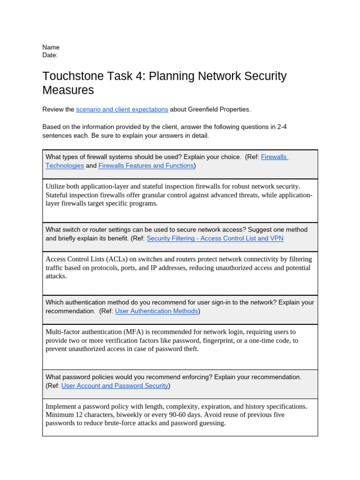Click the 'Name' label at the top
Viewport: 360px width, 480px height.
pos(51,47)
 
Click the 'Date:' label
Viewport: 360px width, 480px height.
pos(50,55)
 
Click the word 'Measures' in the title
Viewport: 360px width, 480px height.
pos(68,90)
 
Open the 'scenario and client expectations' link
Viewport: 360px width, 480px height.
pos(122,109)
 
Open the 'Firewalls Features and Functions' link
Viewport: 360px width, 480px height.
pos(146,165)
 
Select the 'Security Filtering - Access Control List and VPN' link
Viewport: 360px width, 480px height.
pos(215,238)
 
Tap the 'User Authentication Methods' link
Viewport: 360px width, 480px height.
pos(156,311)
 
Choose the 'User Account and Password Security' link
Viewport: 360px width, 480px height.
pos(115,386)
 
